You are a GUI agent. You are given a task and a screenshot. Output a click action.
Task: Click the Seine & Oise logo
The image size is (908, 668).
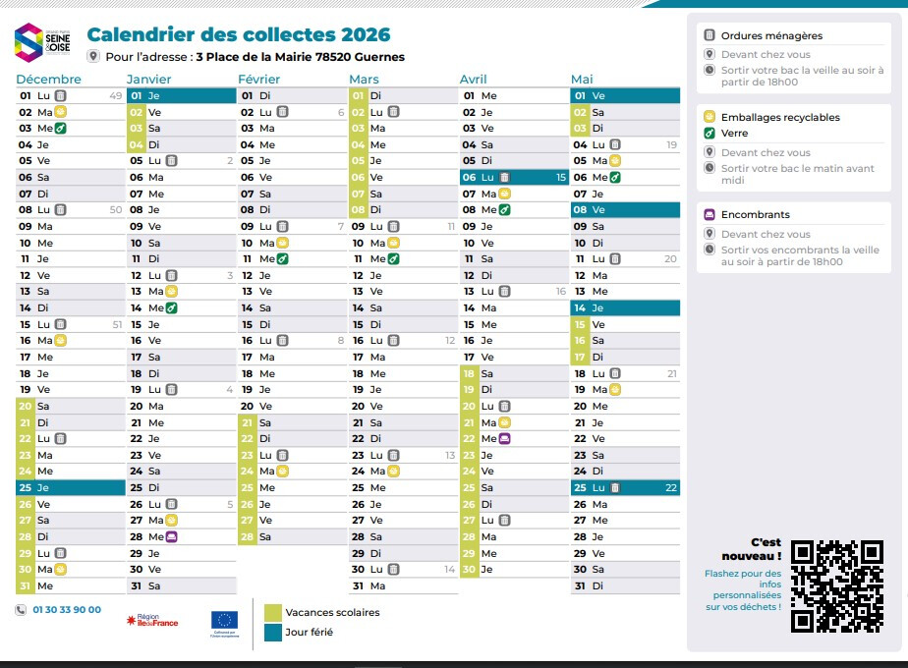point(42,42)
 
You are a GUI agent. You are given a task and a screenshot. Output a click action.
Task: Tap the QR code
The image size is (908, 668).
point(836,585)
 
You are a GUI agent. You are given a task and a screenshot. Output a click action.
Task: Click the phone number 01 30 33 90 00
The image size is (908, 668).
point(67,610)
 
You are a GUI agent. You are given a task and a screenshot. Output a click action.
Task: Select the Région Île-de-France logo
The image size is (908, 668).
point(152,621)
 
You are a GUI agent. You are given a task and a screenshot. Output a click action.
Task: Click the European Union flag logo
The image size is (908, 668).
point(224,620)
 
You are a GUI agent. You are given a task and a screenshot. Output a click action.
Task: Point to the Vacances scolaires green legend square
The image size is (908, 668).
point(271,613)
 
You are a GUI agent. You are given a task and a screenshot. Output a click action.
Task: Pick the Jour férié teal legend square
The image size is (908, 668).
point(271,633)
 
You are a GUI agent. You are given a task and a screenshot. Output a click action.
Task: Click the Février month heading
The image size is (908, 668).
point(259,80)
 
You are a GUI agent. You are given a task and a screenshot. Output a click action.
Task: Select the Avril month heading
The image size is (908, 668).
point(474,80)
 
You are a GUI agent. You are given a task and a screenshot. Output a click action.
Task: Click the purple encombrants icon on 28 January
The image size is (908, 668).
point(171,536)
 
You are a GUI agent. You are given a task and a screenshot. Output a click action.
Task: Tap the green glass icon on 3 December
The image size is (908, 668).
point(60,129)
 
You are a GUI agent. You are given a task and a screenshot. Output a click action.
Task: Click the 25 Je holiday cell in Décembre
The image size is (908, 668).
point(70,487)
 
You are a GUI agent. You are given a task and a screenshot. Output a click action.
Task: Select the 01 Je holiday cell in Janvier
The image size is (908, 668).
point(182,95)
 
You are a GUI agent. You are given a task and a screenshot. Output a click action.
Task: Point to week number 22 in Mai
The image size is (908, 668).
point(671,487)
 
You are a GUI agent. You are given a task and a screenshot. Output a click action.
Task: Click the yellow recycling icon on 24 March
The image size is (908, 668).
point(393,472)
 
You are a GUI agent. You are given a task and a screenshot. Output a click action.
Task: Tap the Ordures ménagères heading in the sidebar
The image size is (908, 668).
point(771,35)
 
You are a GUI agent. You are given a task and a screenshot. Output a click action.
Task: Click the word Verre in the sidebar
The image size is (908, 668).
point(734,134)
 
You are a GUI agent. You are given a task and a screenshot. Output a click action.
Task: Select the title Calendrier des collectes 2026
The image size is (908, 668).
point(239,35)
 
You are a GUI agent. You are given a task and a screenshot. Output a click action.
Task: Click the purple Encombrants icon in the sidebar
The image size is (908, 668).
point(709,215)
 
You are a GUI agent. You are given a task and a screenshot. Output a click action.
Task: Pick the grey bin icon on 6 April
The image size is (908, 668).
point(504,178)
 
